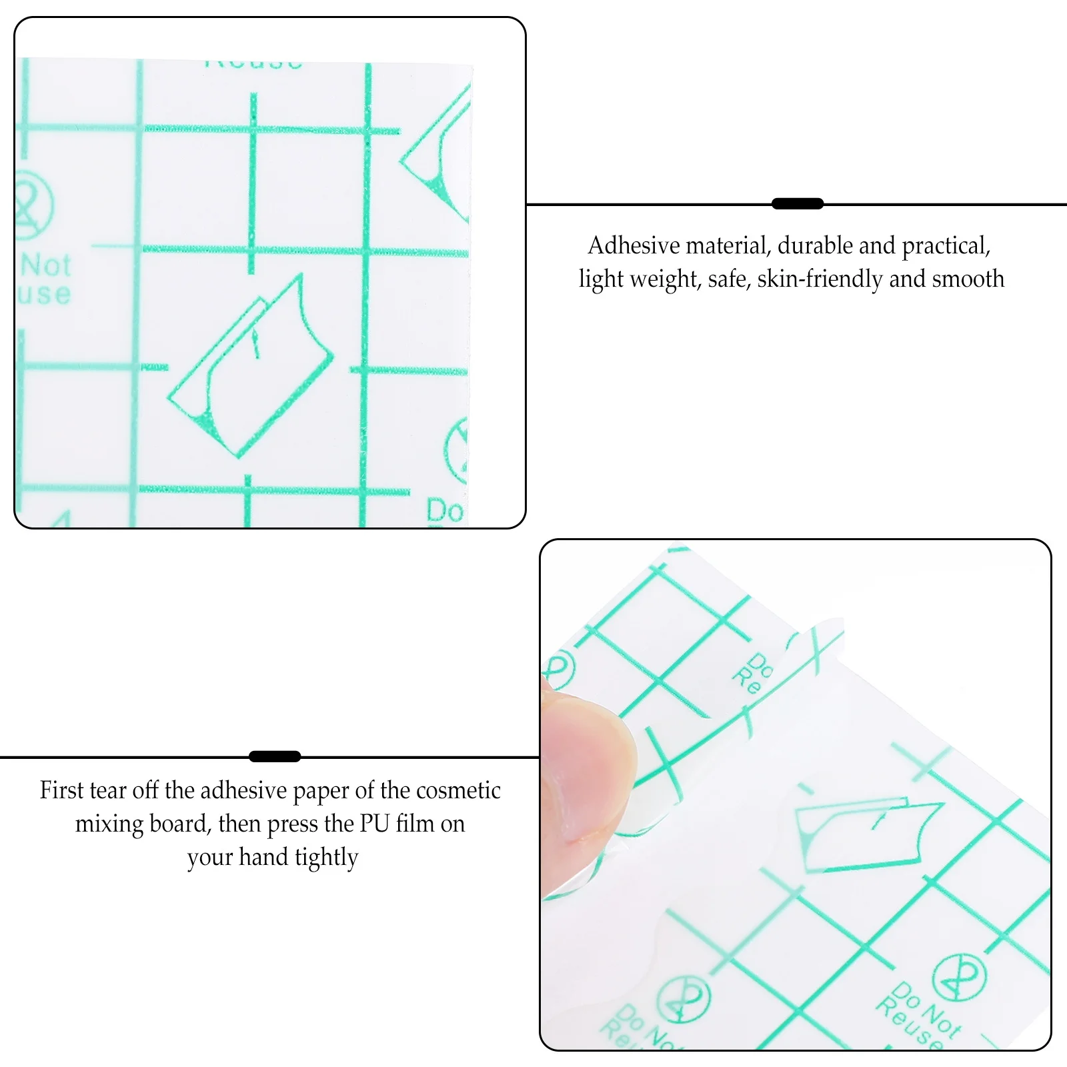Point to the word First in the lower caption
(x=61, y=790)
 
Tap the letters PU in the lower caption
(x=374, y=824)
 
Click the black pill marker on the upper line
(x=797, y=204)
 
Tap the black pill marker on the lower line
(x=274, y=756)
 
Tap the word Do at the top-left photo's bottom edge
(x=445, y=511)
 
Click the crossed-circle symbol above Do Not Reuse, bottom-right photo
(x=958, y=978)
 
